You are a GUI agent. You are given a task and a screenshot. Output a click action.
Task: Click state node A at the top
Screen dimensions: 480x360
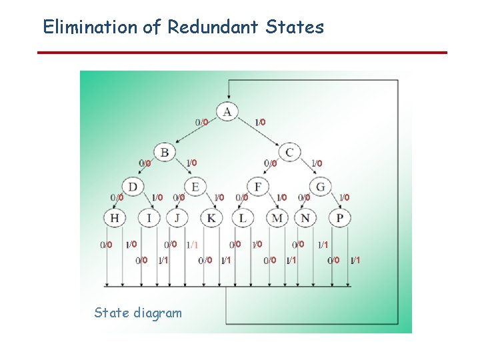tap(228, 111)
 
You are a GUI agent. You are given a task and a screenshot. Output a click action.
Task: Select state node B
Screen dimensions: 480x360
tap(164, 152)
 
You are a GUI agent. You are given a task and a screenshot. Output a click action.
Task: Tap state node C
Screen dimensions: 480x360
tap(290, 152)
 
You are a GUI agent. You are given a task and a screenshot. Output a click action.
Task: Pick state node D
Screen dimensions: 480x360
tap(133, 187)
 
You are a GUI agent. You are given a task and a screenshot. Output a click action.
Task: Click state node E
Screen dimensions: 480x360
tap(195, 187)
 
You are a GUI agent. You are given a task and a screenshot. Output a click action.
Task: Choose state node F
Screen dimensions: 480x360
tap(258, 187)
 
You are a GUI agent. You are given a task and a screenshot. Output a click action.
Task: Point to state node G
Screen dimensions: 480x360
tap(321, 187)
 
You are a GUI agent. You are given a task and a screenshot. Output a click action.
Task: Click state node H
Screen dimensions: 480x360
tap(114, 217)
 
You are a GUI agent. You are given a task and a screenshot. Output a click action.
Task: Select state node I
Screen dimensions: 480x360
tap(149, 217)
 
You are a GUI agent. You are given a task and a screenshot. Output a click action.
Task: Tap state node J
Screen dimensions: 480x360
tap(177, 217)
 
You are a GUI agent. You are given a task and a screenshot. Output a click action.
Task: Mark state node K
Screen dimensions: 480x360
tap(211, 217)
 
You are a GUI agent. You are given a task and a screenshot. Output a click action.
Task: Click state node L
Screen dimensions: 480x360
tap(243, 217)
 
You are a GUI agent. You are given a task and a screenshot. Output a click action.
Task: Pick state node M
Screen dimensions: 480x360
tap(277, 217)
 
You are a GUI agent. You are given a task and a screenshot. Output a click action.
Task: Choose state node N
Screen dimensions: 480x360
tap(306, 217)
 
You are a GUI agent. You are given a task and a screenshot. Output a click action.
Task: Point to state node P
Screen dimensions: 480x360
tap(340, 217)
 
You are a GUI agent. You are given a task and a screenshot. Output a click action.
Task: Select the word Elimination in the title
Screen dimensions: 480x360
tap(90, 27)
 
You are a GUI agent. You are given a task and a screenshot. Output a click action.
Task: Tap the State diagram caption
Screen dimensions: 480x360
tap(138, 313)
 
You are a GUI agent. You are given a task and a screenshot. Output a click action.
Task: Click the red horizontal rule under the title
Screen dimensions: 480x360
tap(242, 52)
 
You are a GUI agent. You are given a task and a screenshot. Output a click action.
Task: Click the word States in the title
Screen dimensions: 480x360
tap(294, 27)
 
